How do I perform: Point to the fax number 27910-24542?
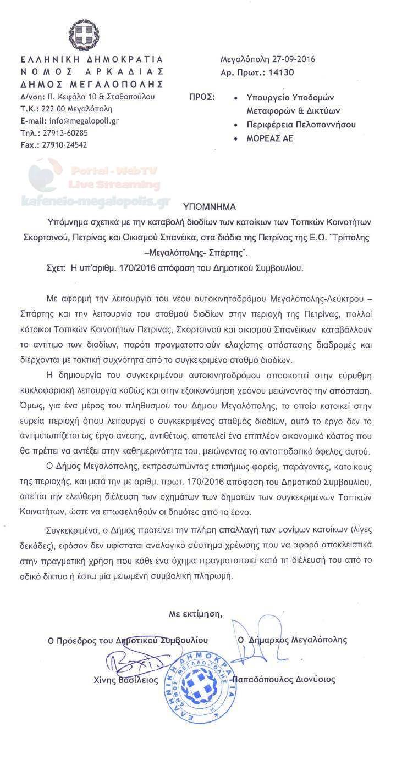point(65,145)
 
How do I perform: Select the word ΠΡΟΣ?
point(202,97)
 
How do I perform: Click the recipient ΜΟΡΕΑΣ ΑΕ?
point(270,138)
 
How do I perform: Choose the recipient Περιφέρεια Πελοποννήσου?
point(301,125)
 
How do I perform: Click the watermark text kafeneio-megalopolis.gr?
point(95,202)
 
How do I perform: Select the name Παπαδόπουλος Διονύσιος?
point(284,680)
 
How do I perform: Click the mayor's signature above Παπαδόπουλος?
point(253,640)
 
